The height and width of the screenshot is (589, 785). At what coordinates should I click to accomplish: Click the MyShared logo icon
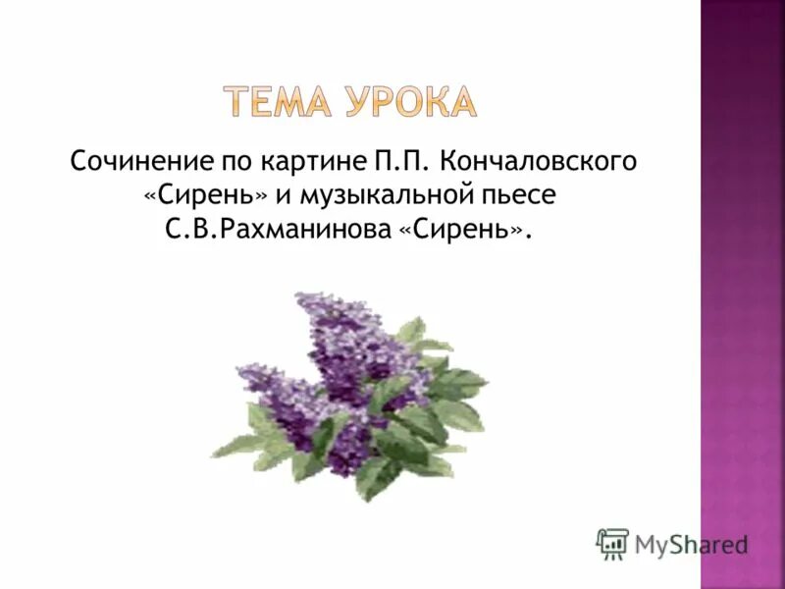pyautogui.click(x=612, y=543)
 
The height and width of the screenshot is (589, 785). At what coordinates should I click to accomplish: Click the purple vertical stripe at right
pyautogui.click(x=742, y=294)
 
